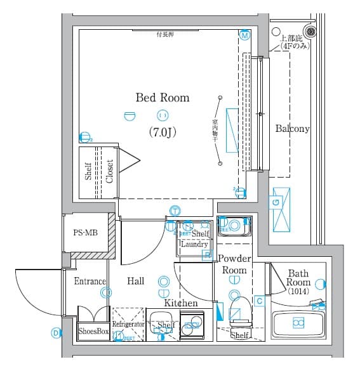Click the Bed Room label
[162, 98]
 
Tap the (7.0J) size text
[163, 133]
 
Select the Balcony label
[292, 129]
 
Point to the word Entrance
[90, 281]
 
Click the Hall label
[135, 281]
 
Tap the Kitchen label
[181, 303]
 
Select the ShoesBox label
[94, 331]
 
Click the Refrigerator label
[129, 324]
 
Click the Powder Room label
[234, 264]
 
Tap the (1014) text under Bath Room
[298, 292]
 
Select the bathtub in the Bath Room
[298, 323]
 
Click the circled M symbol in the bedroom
[244, 36]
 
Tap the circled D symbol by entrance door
[55, 332]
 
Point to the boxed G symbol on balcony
[276, 202]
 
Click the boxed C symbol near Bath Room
[259, 300]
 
